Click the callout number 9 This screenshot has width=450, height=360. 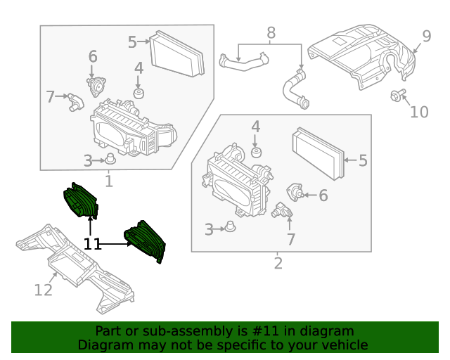point(426,37)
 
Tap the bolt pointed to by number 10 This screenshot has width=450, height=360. point(397,96)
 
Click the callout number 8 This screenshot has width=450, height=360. point(271,32)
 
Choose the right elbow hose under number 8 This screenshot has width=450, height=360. point(294,89)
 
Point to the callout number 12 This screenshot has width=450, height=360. point(43,289)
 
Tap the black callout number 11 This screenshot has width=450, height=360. point(92,244)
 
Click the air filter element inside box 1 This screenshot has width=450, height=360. point(177,53)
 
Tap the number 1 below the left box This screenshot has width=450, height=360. point(109,182)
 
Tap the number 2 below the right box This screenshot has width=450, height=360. point(278,264)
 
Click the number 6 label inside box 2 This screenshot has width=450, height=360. point(323,196)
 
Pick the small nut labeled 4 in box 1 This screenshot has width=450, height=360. point(139,94)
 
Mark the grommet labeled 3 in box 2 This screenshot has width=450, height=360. point(229,228)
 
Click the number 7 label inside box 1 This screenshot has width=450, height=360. point(50,97)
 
